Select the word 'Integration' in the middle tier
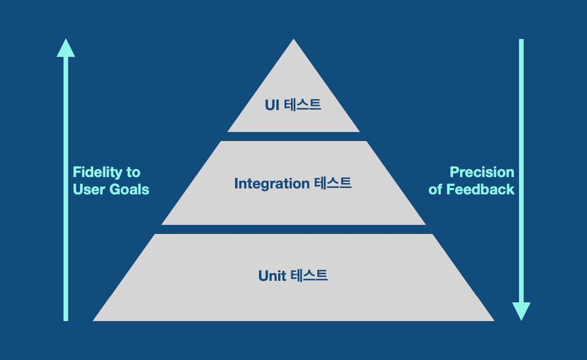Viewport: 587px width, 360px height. click(271, 183)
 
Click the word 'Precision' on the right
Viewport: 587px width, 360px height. click(482, 172)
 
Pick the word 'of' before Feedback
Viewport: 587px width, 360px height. click(435, 189)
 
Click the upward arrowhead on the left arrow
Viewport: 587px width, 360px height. click(66, 48)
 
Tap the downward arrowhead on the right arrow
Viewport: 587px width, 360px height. click(521, 311)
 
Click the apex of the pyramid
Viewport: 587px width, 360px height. click(293, 41)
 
